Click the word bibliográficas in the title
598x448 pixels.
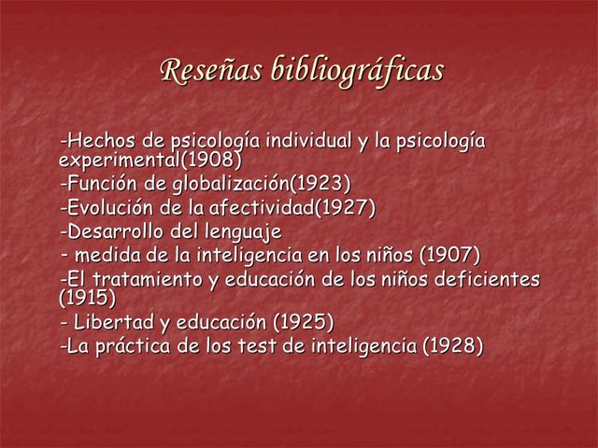coord(356,71)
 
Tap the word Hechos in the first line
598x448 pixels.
coord(101,143)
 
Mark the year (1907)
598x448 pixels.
coord(450,254)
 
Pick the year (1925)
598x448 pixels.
coord(303,323)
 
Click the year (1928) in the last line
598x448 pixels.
coord(453,347)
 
